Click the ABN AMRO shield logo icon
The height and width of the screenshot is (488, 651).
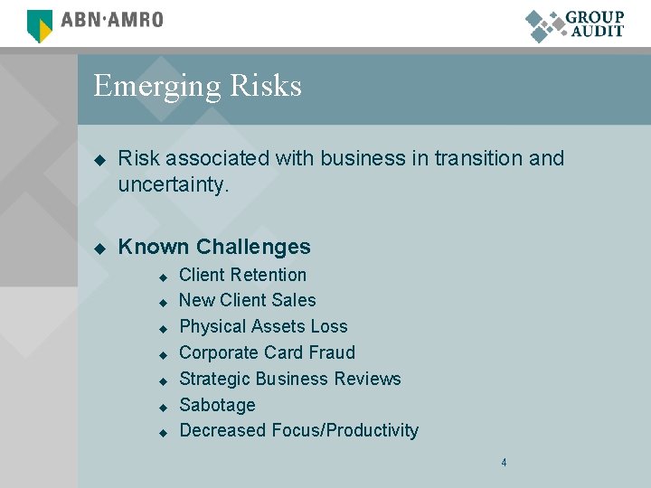click(40, 24)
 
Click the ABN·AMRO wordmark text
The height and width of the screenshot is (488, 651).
click(112, 20)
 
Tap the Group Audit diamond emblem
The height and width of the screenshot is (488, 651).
click(545, 25)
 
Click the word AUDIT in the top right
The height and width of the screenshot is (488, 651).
click(597, 31)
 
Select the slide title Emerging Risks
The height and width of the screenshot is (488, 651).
click(197, 86)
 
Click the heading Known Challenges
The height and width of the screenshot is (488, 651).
click(214, 247)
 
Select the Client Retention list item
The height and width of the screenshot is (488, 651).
click(242, 275)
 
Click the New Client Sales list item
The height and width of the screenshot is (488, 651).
click(247, 300)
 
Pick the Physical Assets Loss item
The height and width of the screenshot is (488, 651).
click(263, 326)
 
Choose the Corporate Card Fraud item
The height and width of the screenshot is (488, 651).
click(267, 352)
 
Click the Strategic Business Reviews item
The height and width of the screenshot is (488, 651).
click(289, 379)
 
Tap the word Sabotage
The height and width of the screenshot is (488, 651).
click(217, 405)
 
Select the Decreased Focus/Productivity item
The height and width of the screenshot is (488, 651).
click(298, 430)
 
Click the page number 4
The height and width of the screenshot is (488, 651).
click(504, 463)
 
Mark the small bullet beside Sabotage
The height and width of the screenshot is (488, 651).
click(164, 407)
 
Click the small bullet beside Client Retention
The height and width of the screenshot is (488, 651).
click(164, 277)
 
